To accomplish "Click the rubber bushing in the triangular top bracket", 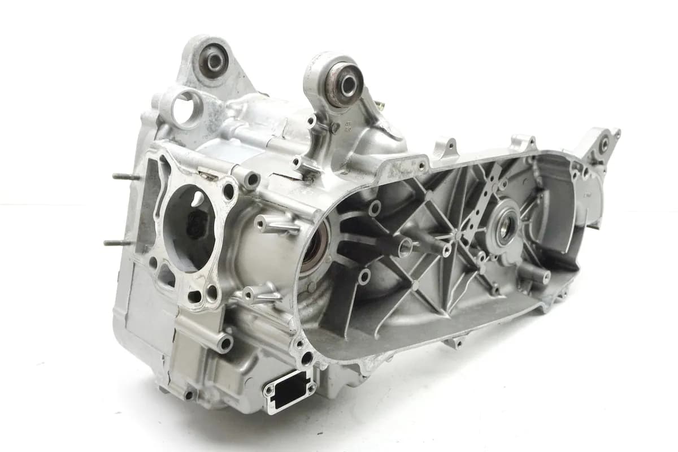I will (214, 60).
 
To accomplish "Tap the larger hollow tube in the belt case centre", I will (404, 246).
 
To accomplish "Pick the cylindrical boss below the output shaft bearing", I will (537, 273).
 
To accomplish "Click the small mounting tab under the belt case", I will (455, 342).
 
